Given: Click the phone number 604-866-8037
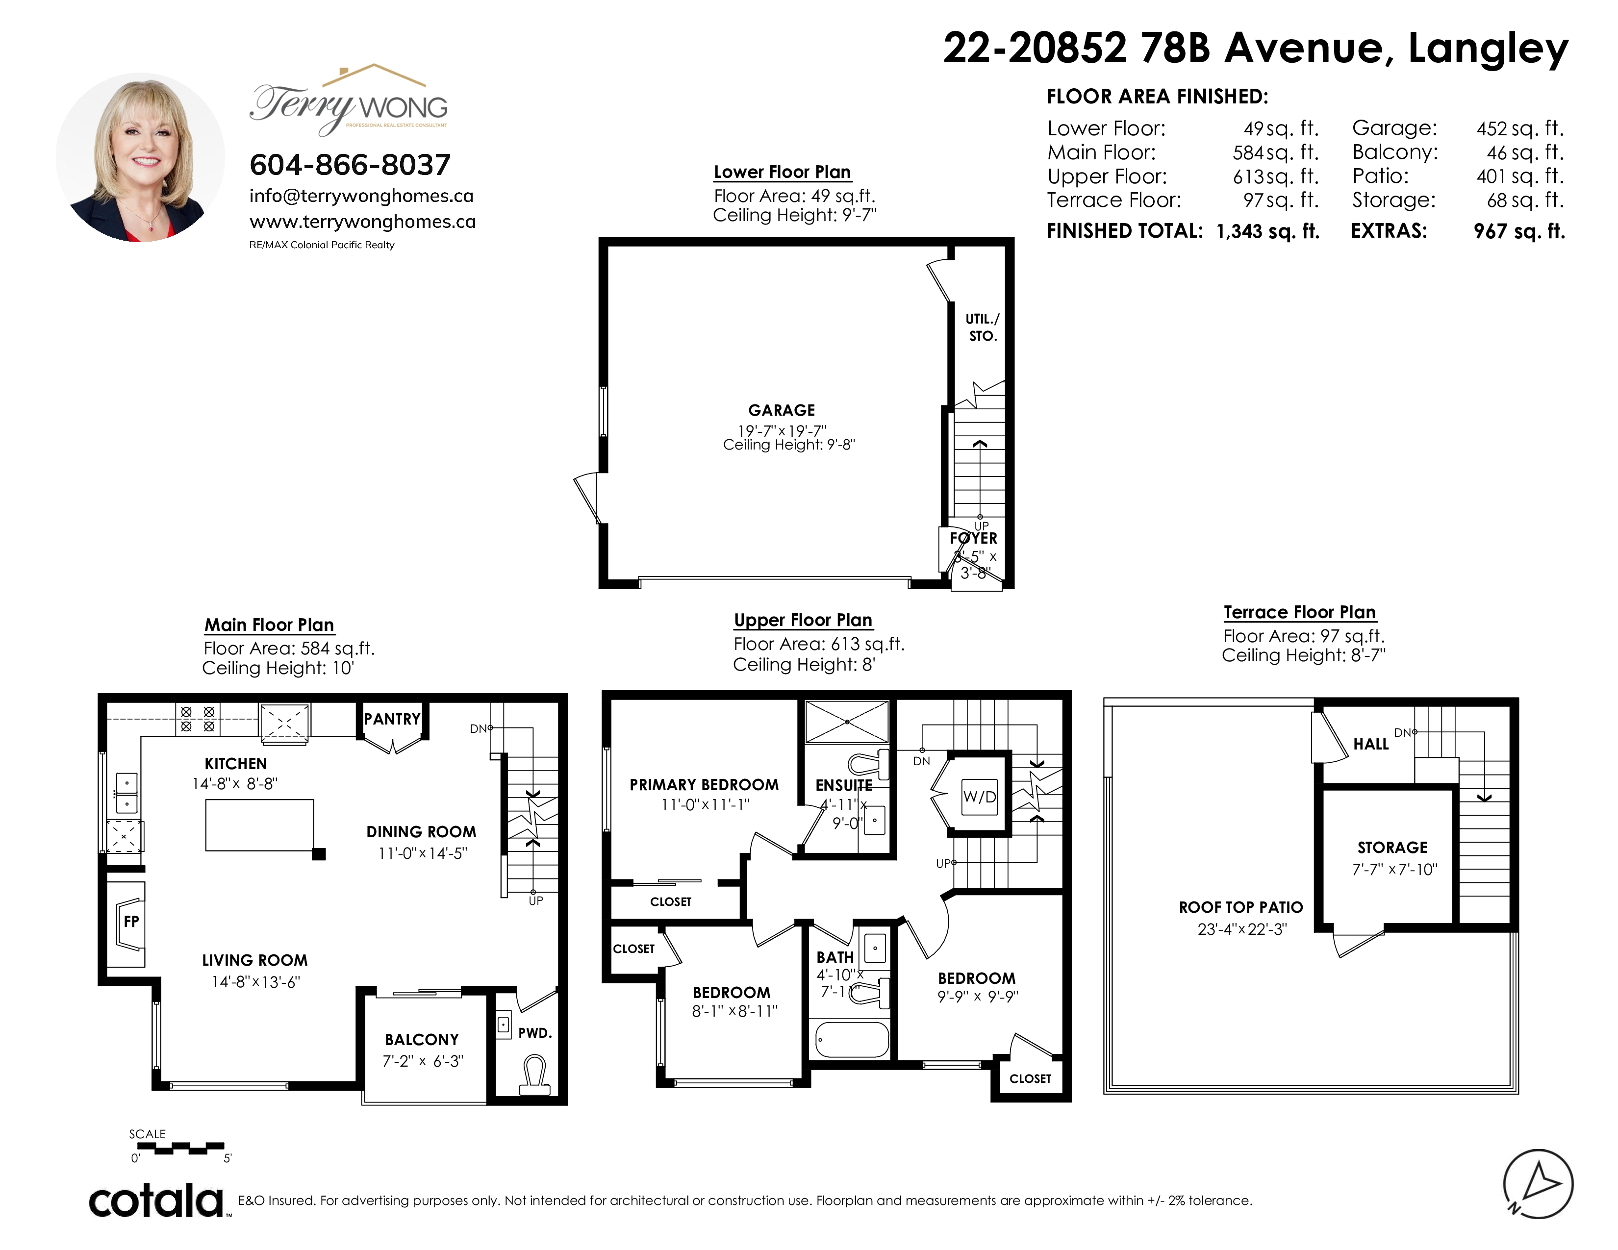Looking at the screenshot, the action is pos(350,164).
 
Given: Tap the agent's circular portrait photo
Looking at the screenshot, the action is pos(140,157).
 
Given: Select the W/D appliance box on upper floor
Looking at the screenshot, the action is pos(980,797).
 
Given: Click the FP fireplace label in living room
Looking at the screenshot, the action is pos(131,921).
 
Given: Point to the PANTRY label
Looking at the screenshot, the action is pos(392,719).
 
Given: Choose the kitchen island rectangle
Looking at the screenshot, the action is pos(259,825).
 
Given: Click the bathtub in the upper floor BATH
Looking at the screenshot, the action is pos(852,1040).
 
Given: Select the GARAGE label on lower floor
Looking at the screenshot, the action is pos(782,410).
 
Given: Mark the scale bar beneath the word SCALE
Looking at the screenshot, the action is pos(181,1149).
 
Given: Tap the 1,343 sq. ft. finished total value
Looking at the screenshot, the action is pos(1267,231).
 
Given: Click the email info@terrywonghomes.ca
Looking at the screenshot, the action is pos(361,196).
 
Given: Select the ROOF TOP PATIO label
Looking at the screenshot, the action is pos(1241,907).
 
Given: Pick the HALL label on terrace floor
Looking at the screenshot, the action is pos(1370,744).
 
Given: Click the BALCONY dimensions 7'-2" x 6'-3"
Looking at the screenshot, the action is pos(422,1061).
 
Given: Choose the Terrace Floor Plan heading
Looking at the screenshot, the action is pos(1299,612).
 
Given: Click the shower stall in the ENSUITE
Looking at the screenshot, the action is pos(846,721).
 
